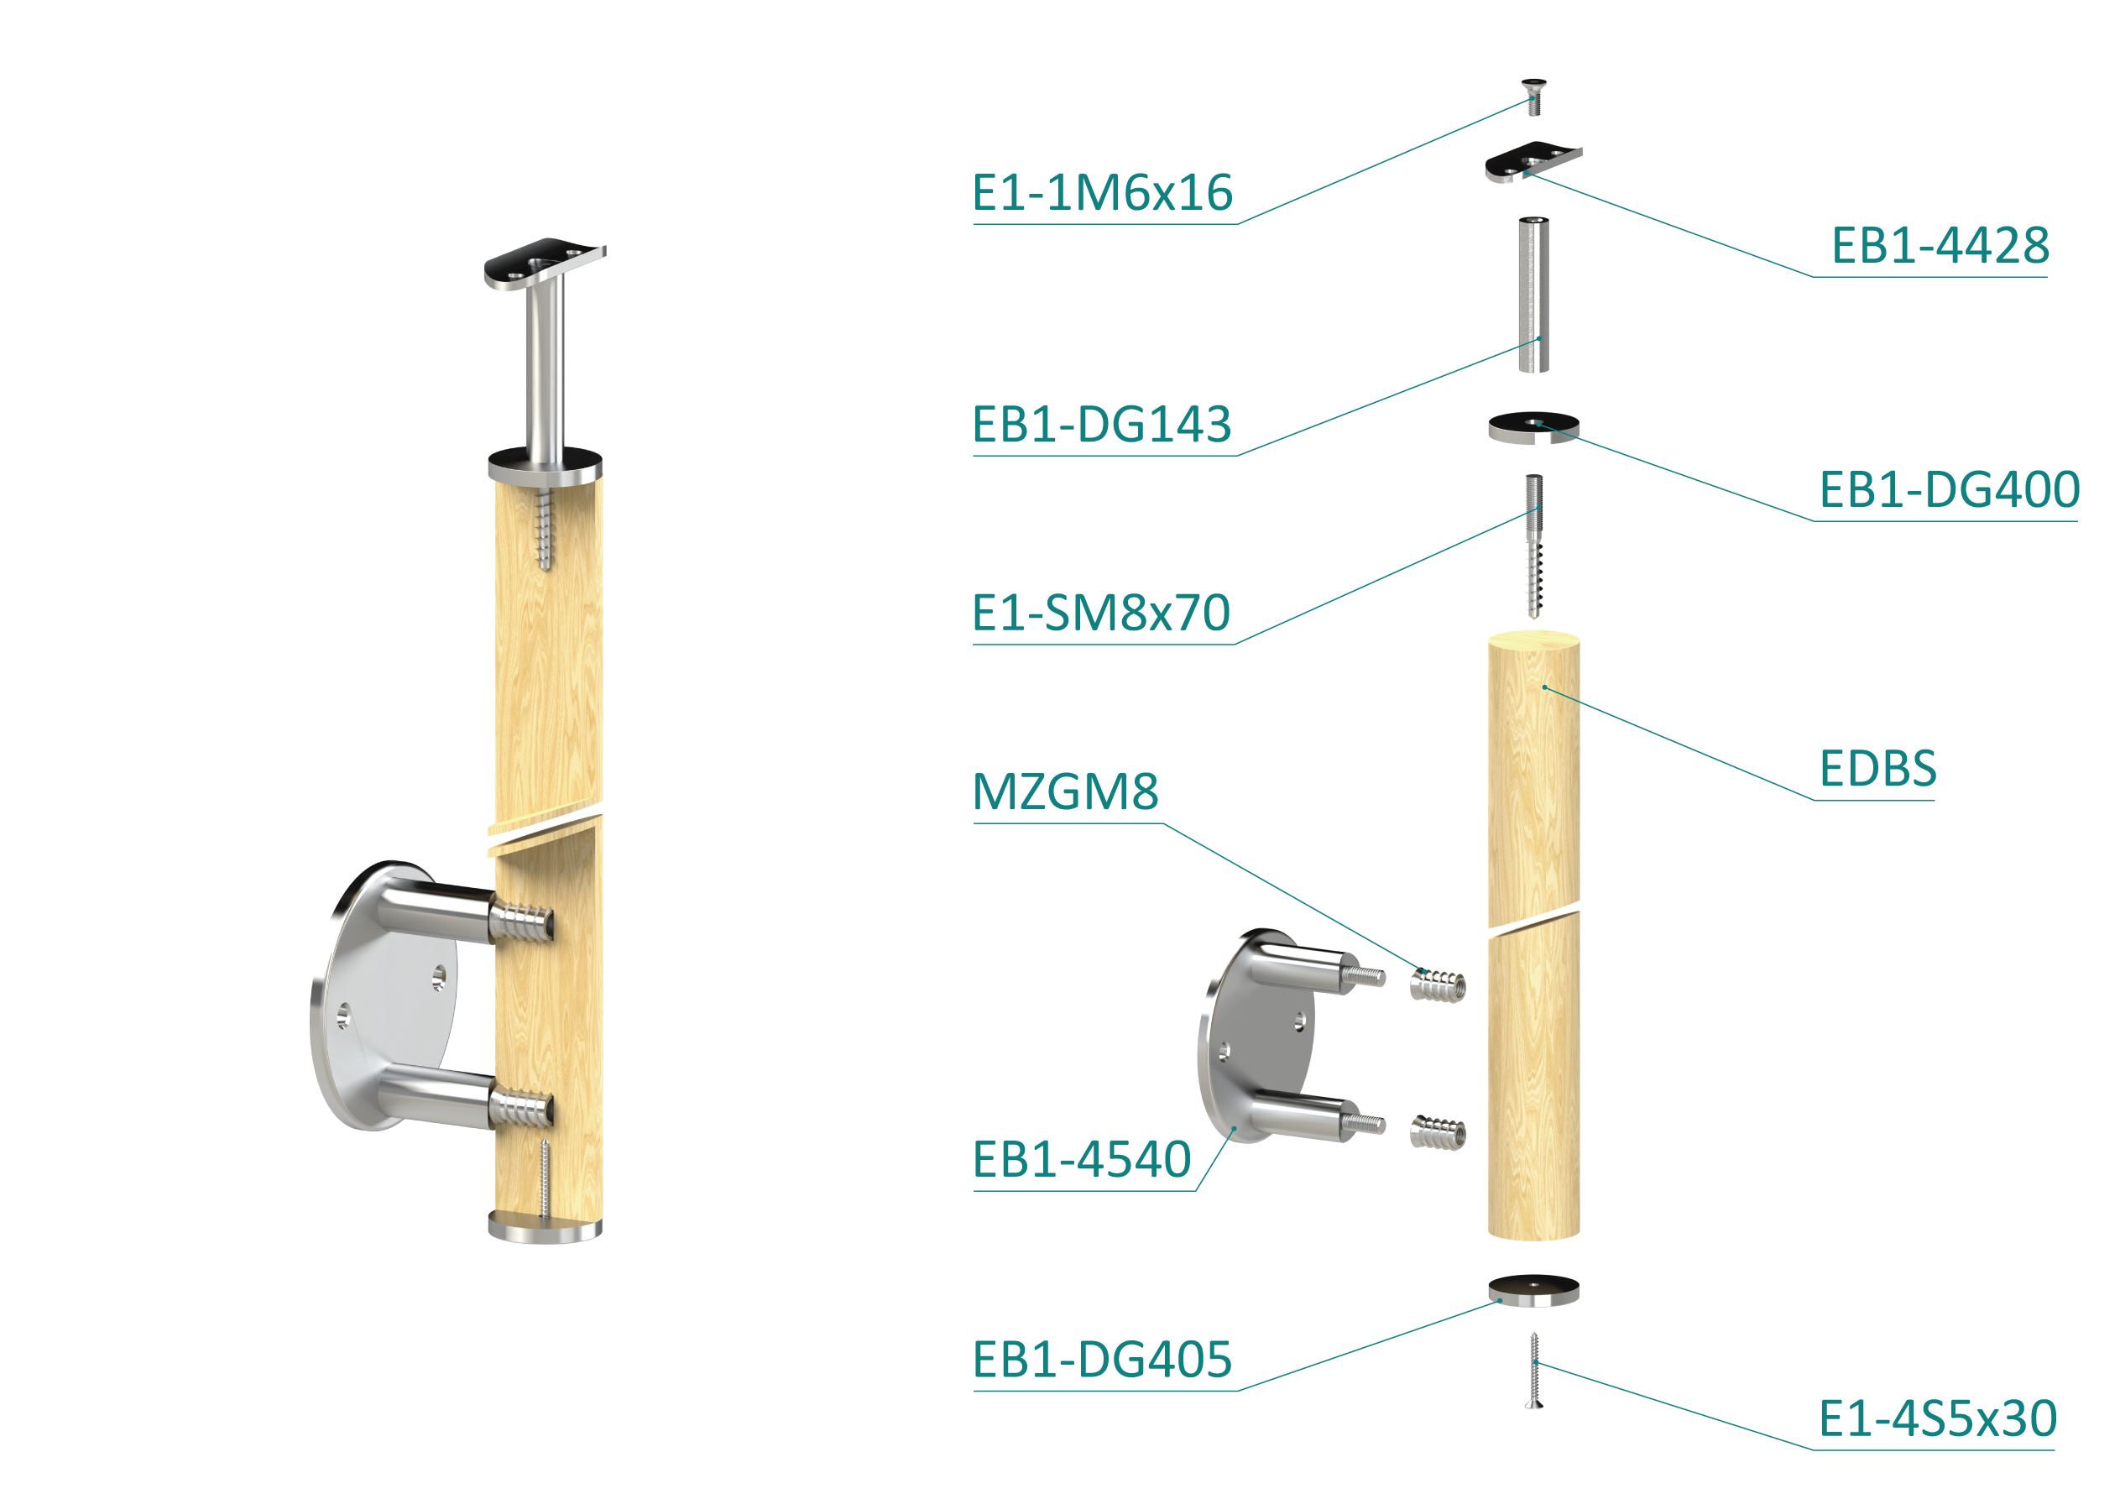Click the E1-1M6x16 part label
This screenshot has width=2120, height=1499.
pyautogui.click(x=1103, y=193)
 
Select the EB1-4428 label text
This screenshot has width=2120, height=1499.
pyautogui.click(x=1940, y=246)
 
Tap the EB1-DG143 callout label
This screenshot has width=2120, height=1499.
pyautogui.click(x=1103, y=425)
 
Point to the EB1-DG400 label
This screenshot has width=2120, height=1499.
pyautogui.click(x=1949, y=489)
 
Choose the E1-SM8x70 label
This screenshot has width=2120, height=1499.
pyautogui.click(x=1102, y=613)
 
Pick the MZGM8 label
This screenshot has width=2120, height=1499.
pyautogui.click(x=1066, y=791)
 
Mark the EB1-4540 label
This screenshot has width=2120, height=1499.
pyautogui.click(x=1082, y=1159)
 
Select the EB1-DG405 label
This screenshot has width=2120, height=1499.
pyautogui.click(x=1103, y=1360)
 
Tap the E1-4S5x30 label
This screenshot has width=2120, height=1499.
pyautogui.click(x=1938, y=1418)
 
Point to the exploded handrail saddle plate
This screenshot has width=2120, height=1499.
pyautogui.click(x=1533, y=163)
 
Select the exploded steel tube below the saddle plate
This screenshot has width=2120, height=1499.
pyautogui.click(x=1533, y=295)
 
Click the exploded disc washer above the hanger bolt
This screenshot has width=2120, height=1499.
pyautogui.click(x=1533, y=427)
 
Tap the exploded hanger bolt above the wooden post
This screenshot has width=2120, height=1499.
pyautogui.click(x=1533, y=546)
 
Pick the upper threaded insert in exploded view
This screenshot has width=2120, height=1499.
pyautogui.click(x=1438, y=985)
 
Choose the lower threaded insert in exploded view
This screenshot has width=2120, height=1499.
pyautogui.click(x=1438, y=1131)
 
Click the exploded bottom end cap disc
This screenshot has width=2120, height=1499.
pyautogui.click(x=1533, y=1290)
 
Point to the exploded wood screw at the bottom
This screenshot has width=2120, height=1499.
pyautogui.click(x=1533, y=1371)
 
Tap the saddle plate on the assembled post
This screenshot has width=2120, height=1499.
pyautogui.click(x=545, y=264)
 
